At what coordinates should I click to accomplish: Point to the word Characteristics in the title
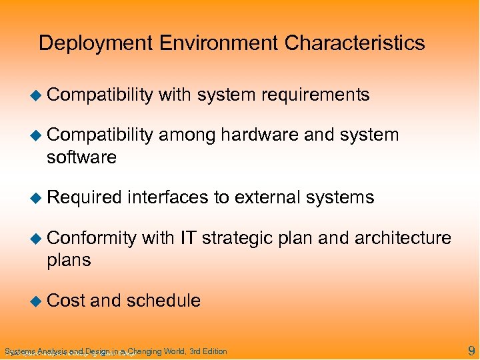(x=355, y=44)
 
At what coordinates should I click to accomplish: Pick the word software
(x=81, y=157)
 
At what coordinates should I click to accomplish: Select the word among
(x=187, y=135)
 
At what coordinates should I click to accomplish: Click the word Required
(x=85, y=197)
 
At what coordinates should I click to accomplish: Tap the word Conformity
(x=91, y=238)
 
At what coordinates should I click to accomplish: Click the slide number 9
(x=471, y=350)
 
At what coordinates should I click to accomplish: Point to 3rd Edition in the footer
(x=208, y=351)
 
